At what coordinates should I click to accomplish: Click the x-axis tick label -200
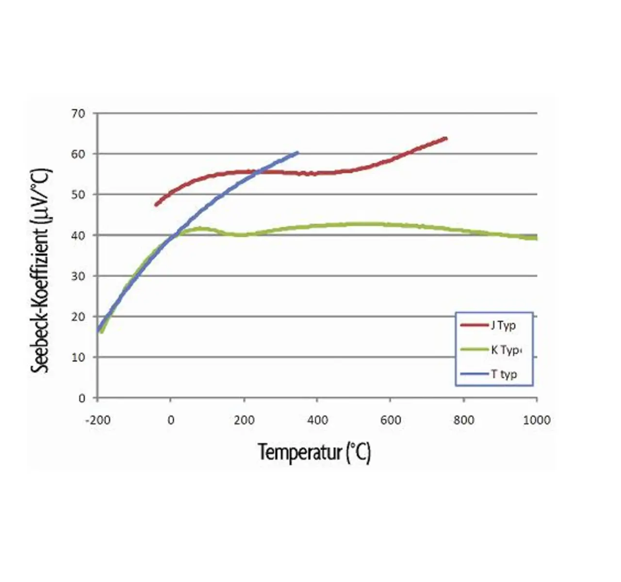(98, 420)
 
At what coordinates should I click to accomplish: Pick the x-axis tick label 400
(317, 420)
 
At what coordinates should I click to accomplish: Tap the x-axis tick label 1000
(537, 420)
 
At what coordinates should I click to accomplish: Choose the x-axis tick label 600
(391, 420)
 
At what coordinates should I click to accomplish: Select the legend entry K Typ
(505, 350)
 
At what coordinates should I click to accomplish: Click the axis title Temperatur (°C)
(314, 453)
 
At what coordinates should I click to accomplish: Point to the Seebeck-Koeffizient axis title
(41, 270)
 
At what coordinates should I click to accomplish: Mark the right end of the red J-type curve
(446, 138)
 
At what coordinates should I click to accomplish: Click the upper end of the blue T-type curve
(297, 153)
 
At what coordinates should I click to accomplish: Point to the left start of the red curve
(156, 205)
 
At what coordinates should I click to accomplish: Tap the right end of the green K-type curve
(536, 238)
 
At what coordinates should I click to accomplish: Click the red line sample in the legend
(474, 325)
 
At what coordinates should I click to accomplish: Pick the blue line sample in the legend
(474, 374)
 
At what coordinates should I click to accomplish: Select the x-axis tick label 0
(171, 420)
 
